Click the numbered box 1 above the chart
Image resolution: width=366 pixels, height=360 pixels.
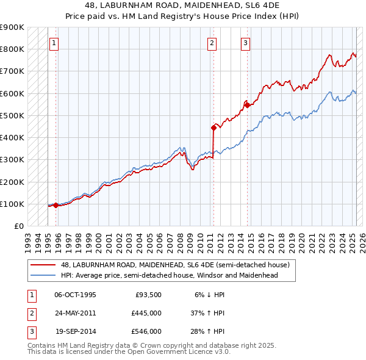(x=54, y=43)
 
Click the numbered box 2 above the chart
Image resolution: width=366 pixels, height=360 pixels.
(x=212, y=43)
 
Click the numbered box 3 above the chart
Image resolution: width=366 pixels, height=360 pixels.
(x=245, y=43)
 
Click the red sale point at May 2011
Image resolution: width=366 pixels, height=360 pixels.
(x=213, y=128)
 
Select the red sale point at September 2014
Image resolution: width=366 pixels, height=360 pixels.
(x=247, y=105)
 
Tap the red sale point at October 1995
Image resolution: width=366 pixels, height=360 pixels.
(x=56, y=205)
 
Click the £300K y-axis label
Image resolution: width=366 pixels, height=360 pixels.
(x=12, y=159)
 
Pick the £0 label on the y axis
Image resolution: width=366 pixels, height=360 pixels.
(x=20, y=226)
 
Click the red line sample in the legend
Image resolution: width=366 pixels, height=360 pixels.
(x=43, y=265)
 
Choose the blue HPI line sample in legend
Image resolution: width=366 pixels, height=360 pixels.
(x=43, y=275)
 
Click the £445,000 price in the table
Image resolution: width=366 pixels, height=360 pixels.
(x=146, y=313)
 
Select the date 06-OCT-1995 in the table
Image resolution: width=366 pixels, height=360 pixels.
(x=75, y=295)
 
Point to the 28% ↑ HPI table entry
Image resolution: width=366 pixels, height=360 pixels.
(x=207, y=331)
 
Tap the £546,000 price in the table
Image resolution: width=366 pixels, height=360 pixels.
(x=146, y=331)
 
